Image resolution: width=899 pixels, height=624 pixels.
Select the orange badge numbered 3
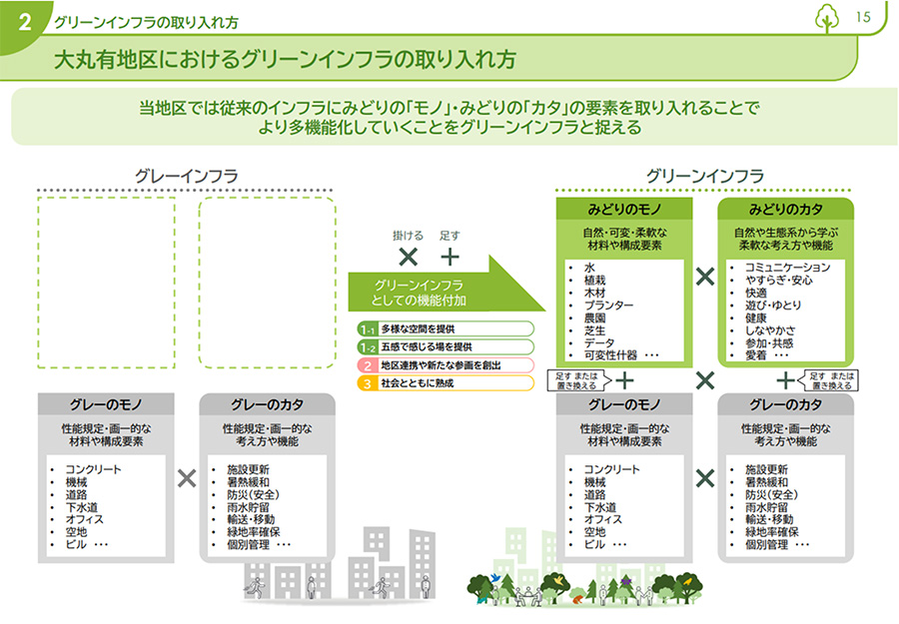click(368, 382)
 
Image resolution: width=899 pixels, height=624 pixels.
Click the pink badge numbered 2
click(368, 364)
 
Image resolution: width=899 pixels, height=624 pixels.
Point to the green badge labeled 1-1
click(368, 328)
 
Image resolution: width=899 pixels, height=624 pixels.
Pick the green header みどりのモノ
click(623, 210)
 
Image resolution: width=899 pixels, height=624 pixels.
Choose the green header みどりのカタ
click(785, 210)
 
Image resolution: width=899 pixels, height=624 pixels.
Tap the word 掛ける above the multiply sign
click(407, 237)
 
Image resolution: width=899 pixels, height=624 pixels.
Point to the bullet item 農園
click(595, 317)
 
